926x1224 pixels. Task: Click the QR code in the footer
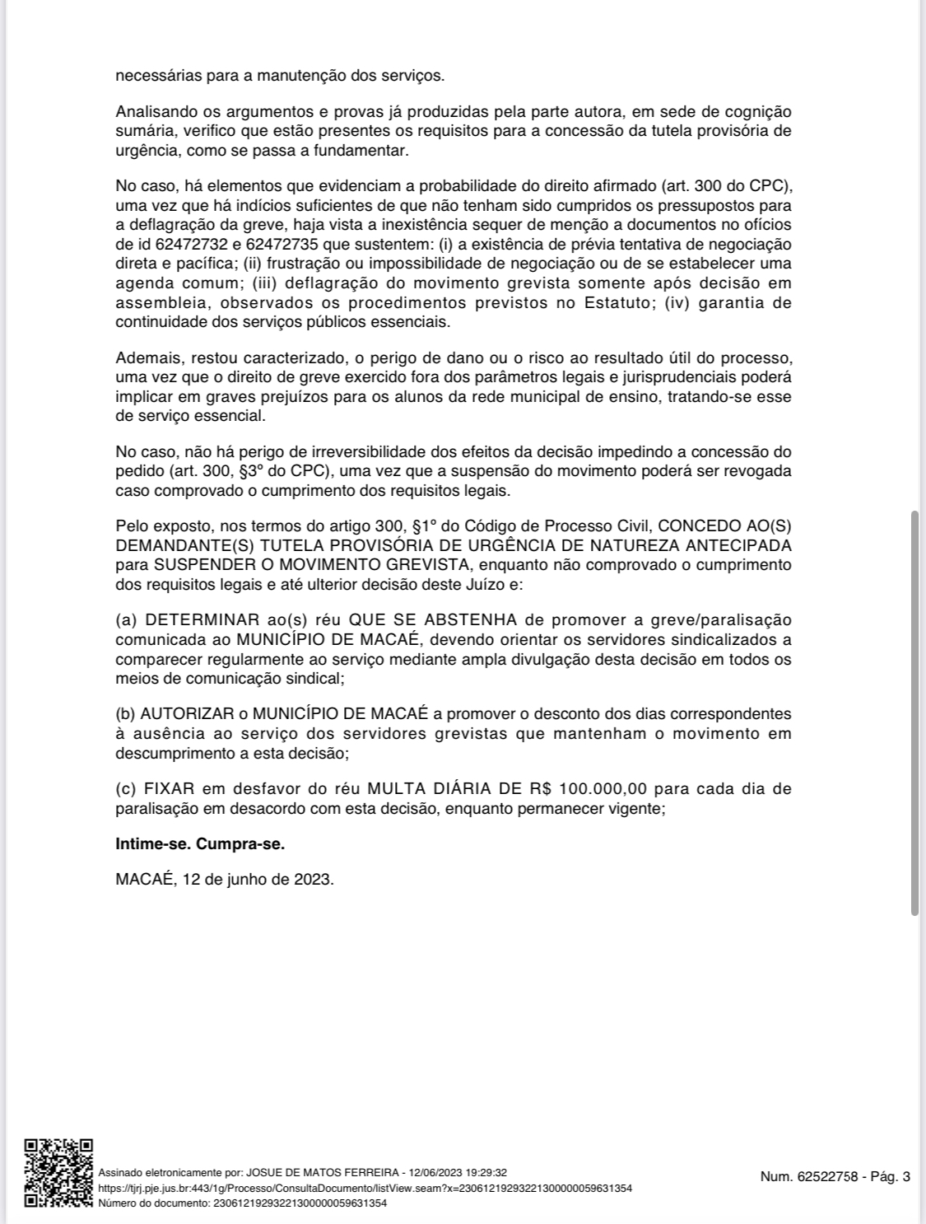[x=58, y=1173]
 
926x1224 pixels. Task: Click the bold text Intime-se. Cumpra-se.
[x=200, y=844]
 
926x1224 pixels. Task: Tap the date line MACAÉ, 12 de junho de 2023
[x=225, y=879]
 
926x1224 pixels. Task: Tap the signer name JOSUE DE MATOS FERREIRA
[x=323, y=1172]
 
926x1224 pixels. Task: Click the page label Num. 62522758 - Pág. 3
[x=835, y=1176]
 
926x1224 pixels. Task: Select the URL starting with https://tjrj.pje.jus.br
[x=365, y=1188]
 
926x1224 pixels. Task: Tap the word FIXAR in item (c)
[x=169, y=789]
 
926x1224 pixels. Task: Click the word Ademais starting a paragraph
[x=146, y=358]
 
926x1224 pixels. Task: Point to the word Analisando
[x=155, y=111]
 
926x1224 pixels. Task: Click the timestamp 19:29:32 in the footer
[x=486, y=1172]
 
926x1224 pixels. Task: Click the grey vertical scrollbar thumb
[x=914, y=712]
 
